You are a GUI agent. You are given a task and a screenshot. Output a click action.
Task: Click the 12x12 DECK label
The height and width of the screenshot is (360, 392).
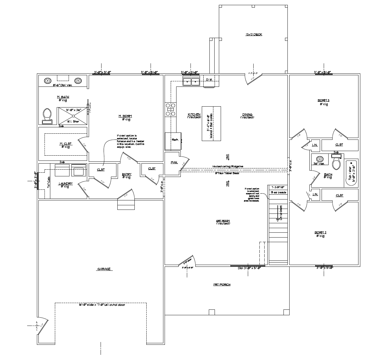click(x=254, y=35)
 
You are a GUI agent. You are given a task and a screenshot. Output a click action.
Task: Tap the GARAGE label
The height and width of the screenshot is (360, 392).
click(x=104, y=269)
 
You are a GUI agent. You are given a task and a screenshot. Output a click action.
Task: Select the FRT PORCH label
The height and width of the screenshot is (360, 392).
click(x=222, y=285)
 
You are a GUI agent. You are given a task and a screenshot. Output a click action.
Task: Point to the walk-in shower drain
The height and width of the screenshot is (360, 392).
click(x=73, y=116)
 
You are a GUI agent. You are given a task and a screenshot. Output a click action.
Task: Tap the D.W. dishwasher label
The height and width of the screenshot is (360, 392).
click(x=209, y=80)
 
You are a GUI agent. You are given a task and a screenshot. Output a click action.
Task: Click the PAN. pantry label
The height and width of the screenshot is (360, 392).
click(x=174, y=163)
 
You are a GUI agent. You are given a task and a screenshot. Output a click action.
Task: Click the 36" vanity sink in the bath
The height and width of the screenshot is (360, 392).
click(x=319, y=159)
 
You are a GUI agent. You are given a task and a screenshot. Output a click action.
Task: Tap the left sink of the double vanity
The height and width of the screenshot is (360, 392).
click(x=48, y=81)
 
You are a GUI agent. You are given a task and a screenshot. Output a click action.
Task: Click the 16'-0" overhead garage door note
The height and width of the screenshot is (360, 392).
click(x=102, y=305)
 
